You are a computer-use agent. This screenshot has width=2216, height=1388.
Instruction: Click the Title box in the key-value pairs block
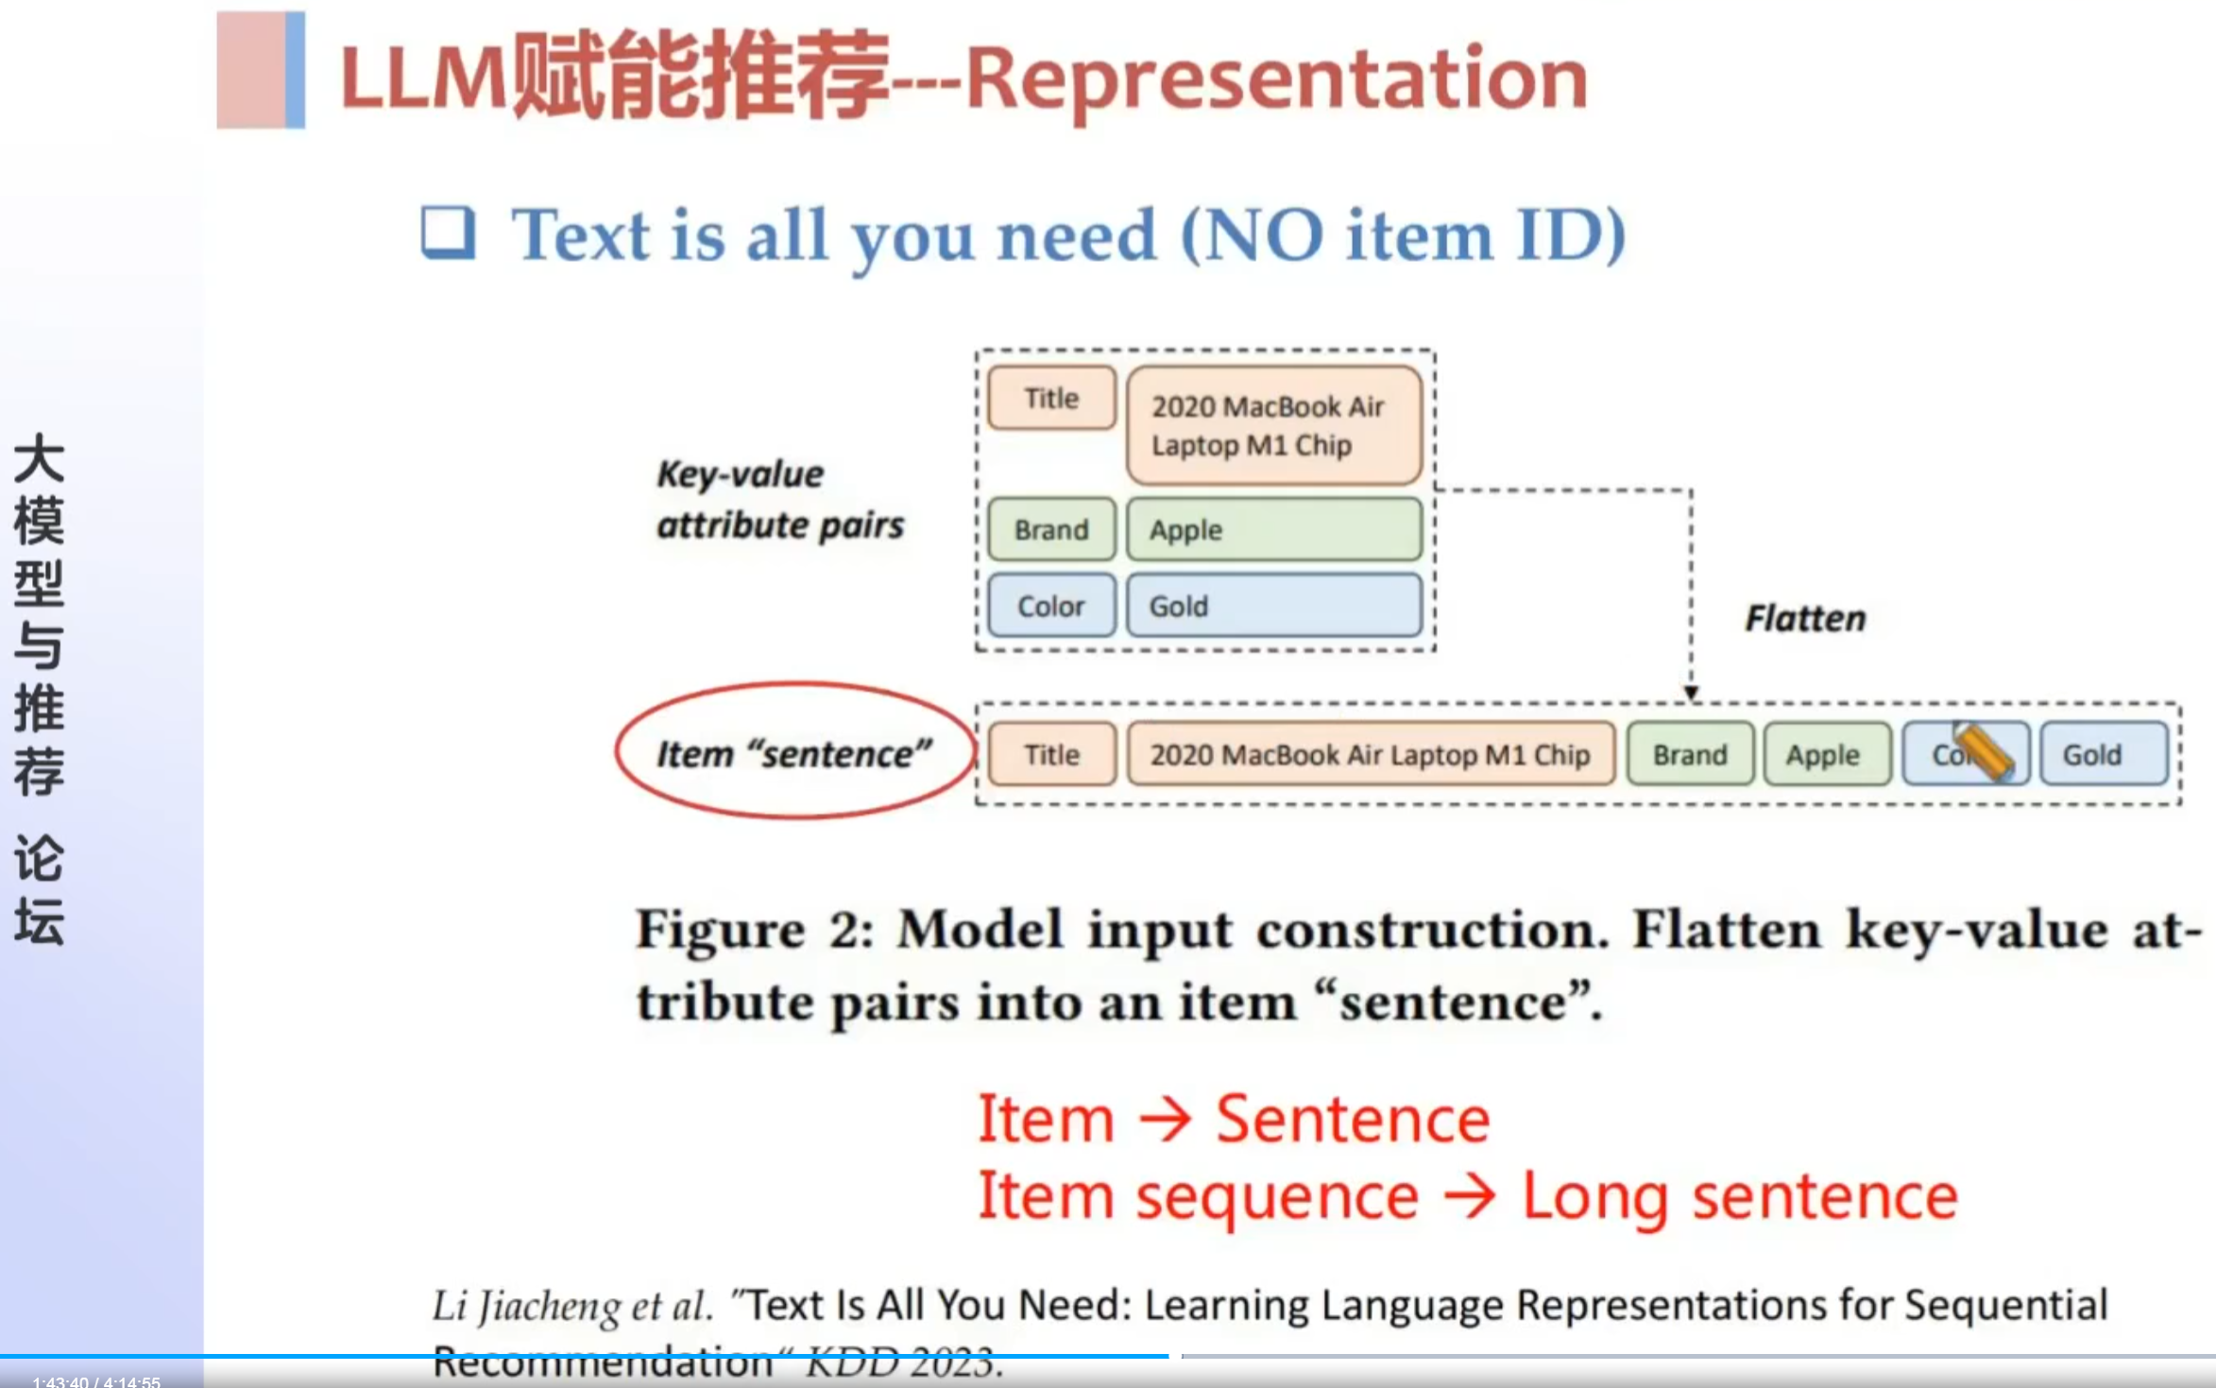[x=1051, y=398]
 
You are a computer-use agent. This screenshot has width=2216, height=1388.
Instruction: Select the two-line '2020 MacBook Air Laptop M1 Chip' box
[x=1273, y=426]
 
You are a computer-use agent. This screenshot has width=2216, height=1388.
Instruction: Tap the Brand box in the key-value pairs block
[x=1051, y=529]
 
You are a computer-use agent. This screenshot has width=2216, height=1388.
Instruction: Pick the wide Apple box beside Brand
[x=1273, y=529]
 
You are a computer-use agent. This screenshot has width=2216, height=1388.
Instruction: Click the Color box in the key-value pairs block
[x=1051, y=606]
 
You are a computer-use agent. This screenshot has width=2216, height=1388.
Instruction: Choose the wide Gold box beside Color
[x=1273, y=606]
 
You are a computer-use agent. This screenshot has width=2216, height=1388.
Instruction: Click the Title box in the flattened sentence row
[x=1051, y=754]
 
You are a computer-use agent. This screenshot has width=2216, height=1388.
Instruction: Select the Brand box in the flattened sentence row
[x=1690, y=754]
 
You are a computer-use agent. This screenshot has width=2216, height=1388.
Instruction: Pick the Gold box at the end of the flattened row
[x=2103, y=754]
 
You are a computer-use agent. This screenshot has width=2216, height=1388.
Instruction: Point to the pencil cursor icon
[x=1982, y=752]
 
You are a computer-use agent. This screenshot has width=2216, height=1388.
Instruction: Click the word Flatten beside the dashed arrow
[x=1805, y=619]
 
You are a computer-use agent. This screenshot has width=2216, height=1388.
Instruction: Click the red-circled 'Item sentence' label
[x=794, y=753]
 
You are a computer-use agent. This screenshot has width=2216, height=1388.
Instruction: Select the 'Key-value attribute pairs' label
[x=779, y=499]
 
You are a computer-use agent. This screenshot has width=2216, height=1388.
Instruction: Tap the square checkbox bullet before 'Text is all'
[x=448, y=232]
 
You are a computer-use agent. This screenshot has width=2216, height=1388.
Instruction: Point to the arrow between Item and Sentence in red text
[x=1165, y=1120]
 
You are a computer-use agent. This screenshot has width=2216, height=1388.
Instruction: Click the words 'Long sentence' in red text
[x=1739, y=1197]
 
